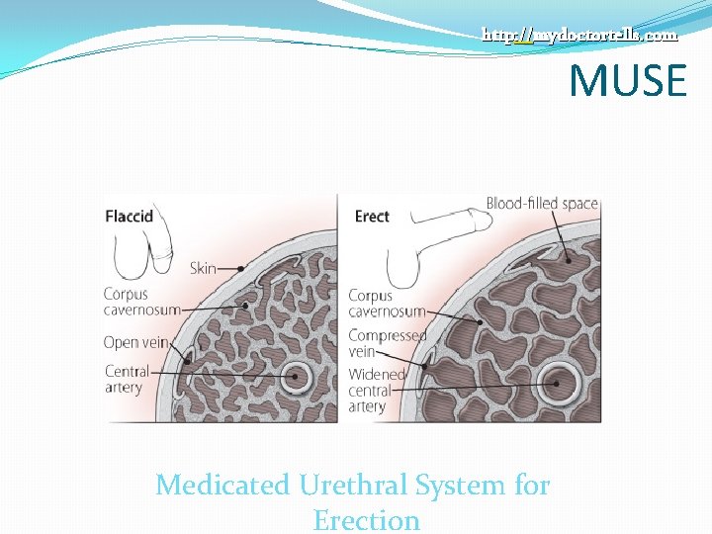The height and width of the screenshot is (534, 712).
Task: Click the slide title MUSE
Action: tap(627, 80)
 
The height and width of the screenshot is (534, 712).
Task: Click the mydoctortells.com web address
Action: tap(579, 35)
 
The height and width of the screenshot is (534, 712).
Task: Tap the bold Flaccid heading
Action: tap(129, 217)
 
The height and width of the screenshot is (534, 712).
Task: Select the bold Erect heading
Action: tap(372, 217)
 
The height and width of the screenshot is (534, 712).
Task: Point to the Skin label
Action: tap(203, 268)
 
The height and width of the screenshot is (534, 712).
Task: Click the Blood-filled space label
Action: tap(542, 204)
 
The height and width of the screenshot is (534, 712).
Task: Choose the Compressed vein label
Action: tap(387, 343)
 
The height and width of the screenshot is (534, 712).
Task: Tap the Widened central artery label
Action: tap(377, 391)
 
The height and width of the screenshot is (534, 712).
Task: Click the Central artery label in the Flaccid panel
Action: tap(127, 379)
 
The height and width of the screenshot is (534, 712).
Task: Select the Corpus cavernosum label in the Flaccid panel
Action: tap(141, 302)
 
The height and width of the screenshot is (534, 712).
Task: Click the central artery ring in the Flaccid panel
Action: tap(295, 377)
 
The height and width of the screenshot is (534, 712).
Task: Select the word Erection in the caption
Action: tap(366, 519)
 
